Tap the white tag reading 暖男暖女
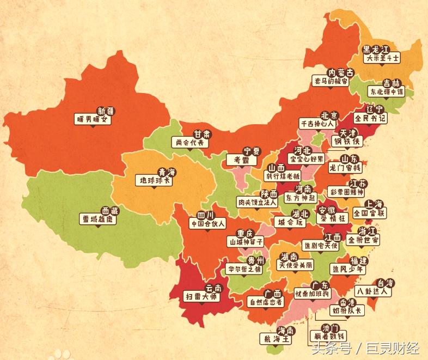click(x=93, y=119)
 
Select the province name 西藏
click(x=109, y=210)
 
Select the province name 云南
click(x=213, y=289)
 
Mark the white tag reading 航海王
click(x=276, y=339)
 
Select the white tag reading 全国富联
click(x=369, y=213)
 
